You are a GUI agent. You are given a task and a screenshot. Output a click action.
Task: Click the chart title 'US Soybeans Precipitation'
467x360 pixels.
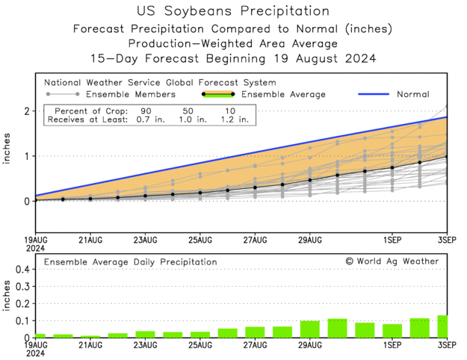click(233, 11)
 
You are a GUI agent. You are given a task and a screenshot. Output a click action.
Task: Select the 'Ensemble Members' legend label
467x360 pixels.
click(131, 95)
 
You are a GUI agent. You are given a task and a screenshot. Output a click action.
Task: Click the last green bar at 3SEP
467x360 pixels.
click(442, 326)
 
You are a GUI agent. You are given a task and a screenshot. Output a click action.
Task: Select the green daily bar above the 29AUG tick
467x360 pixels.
click(310, 329)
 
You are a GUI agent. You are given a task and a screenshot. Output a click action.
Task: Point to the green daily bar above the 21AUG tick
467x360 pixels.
click(90, 336)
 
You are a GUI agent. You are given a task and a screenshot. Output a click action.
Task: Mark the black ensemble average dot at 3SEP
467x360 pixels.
click(447, 157)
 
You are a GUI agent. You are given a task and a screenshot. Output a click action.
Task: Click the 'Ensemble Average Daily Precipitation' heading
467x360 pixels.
click(131, 262)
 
